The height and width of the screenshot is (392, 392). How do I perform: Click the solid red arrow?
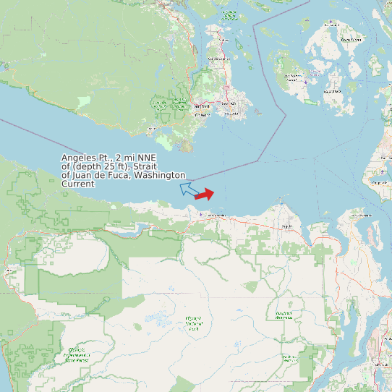point(205,195)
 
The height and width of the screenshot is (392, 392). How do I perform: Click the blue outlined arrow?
point(189,189)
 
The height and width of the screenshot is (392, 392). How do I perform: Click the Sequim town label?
point(287,226)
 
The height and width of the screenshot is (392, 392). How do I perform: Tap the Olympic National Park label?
point(193,323)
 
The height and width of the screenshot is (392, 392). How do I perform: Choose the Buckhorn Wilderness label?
point(288,315)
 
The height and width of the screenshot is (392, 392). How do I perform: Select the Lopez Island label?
point(333,92)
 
